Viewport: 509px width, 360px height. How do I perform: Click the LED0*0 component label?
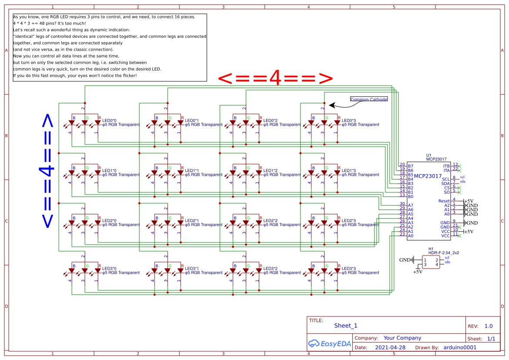109,120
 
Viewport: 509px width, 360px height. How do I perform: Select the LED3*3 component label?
349,268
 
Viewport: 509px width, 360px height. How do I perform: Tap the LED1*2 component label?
270,170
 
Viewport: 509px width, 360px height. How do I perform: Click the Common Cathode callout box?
369,99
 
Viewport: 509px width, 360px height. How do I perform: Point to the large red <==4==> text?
275,79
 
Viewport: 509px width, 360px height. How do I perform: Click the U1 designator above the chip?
428,155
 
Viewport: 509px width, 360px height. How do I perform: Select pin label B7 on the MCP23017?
410,166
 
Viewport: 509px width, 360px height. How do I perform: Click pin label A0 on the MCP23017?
410,236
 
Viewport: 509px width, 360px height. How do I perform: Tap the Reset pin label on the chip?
444,201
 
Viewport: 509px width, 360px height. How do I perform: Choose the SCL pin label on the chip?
446,179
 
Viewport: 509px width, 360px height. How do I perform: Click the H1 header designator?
431,248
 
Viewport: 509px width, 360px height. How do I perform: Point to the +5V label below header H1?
418,272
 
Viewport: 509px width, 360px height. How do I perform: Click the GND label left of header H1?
405,260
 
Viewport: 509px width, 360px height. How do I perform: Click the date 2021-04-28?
390,347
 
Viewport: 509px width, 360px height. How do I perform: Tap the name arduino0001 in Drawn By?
460,347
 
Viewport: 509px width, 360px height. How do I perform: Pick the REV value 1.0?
488,326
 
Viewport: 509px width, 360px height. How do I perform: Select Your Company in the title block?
402,338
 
